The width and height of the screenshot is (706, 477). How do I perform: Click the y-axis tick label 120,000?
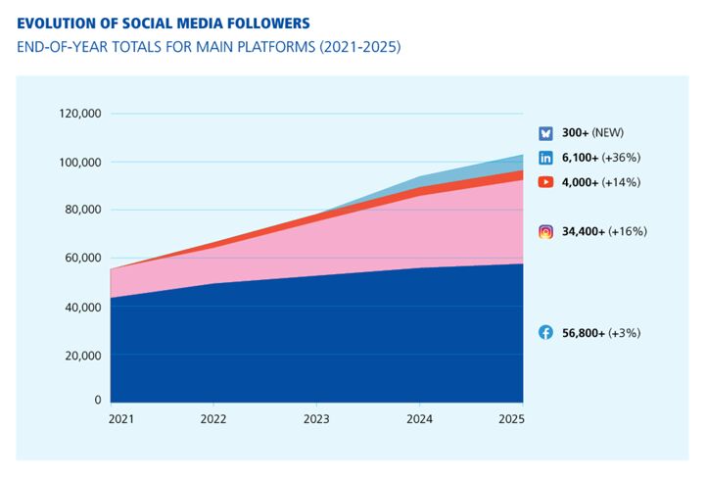[80, 114]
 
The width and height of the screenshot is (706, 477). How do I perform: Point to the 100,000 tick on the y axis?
[80, 162]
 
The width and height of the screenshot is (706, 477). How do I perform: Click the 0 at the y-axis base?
[98, 400]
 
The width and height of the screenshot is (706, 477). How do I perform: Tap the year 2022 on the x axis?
[213, 419]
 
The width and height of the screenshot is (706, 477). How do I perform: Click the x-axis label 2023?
[316, 419]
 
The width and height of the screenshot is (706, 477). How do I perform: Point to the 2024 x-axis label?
[419, 419]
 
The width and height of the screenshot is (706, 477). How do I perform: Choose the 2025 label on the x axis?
[511, 419]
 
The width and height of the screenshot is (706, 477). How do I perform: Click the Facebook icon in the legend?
[546, 333]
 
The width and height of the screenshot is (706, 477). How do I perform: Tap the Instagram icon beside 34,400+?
[546, 232]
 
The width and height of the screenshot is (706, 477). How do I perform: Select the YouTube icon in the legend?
[546, 182]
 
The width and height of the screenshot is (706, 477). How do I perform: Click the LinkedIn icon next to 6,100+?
[546, 158]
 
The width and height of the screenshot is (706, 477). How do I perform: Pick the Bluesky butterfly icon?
[546, 133]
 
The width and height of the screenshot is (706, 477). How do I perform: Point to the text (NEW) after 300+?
[607, 133]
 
